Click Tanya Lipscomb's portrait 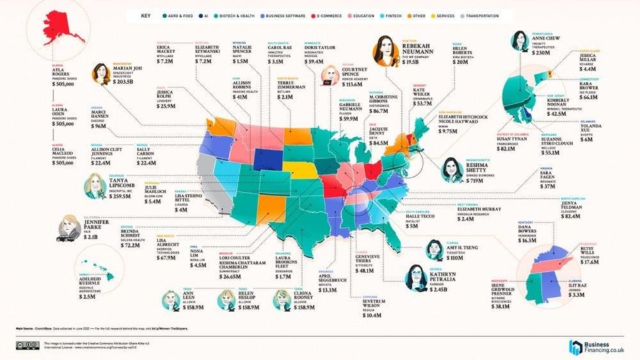(97, 186)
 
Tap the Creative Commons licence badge (26, 346)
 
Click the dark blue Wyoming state (266, 157)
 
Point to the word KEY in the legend (146, 16)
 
